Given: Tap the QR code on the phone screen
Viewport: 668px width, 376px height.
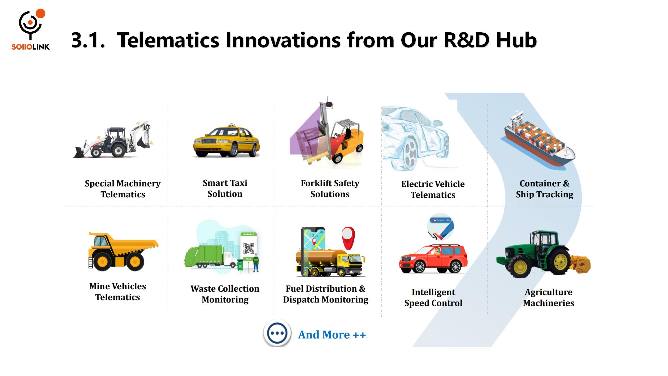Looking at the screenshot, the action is (248, 248).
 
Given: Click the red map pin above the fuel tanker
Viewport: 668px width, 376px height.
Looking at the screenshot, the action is (348, 238).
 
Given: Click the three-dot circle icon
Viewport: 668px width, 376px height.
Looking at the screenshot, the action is (277, 333).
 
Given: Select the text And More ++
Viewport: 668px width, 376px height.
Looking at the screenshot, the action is (332, 335).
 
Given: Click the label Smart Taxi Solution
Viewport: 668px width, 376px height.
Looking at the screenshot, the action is (225, 188).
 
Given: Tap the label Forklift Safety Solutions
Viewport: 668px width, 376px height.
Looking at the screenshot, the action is (330, 189).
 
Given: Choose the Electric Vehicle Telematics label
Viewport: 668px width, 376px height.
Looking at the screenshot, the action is (433, 189).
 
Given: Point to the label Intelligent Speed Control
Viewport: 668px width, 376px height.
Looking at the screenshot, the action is (433, 297).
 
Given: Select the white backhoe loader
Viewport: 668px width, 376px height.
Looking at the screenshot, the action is (113, 140).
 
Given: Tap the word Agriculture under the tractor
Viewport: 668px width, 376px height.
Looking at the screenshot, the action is (548, 292).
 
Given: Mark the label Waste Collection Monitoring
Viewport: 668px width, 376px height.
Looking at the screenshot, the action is (225, 294).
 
